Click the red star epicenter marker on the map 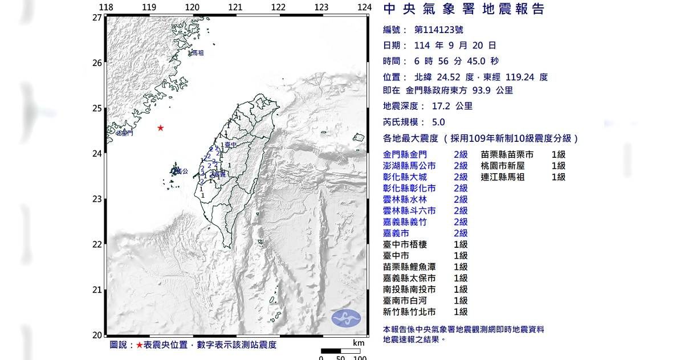pos(161,128)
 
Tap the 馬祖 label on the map pos(197,53)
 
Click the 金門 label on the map pos(125,133)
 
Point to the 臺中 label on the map pos(230,146)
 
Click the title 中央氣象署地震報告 pos(464,9)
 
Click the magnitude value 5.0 pos(438,122)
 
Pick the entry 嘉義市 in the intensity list pos(396,233)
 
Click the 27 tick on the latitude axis pos(97,17)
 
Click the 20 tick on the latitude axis pos(97,335)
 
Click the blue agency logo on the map pos(346,318)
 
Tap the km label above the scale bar pos(358,343)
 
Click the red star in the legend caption pos(139,345)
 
